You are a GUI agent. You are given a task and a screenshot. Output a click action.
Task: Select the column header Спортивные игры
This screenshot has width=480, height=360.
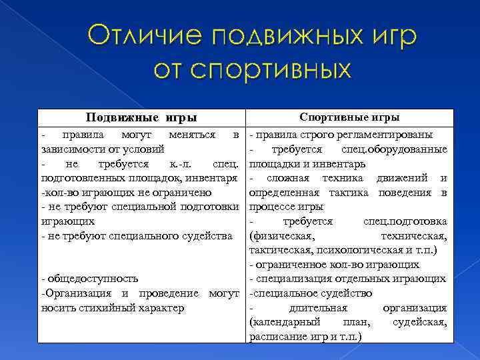pyautogui.click(x=349, y=117)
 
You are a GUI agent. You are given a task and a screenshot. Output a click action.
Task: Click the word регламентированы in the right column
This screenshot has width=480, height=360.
pyautogui.click(x=389, y=135)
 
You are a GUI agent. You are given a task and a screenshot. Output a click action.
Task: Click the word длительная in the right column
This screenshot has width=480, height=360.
pyautogui.click(x=318, y=308)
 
